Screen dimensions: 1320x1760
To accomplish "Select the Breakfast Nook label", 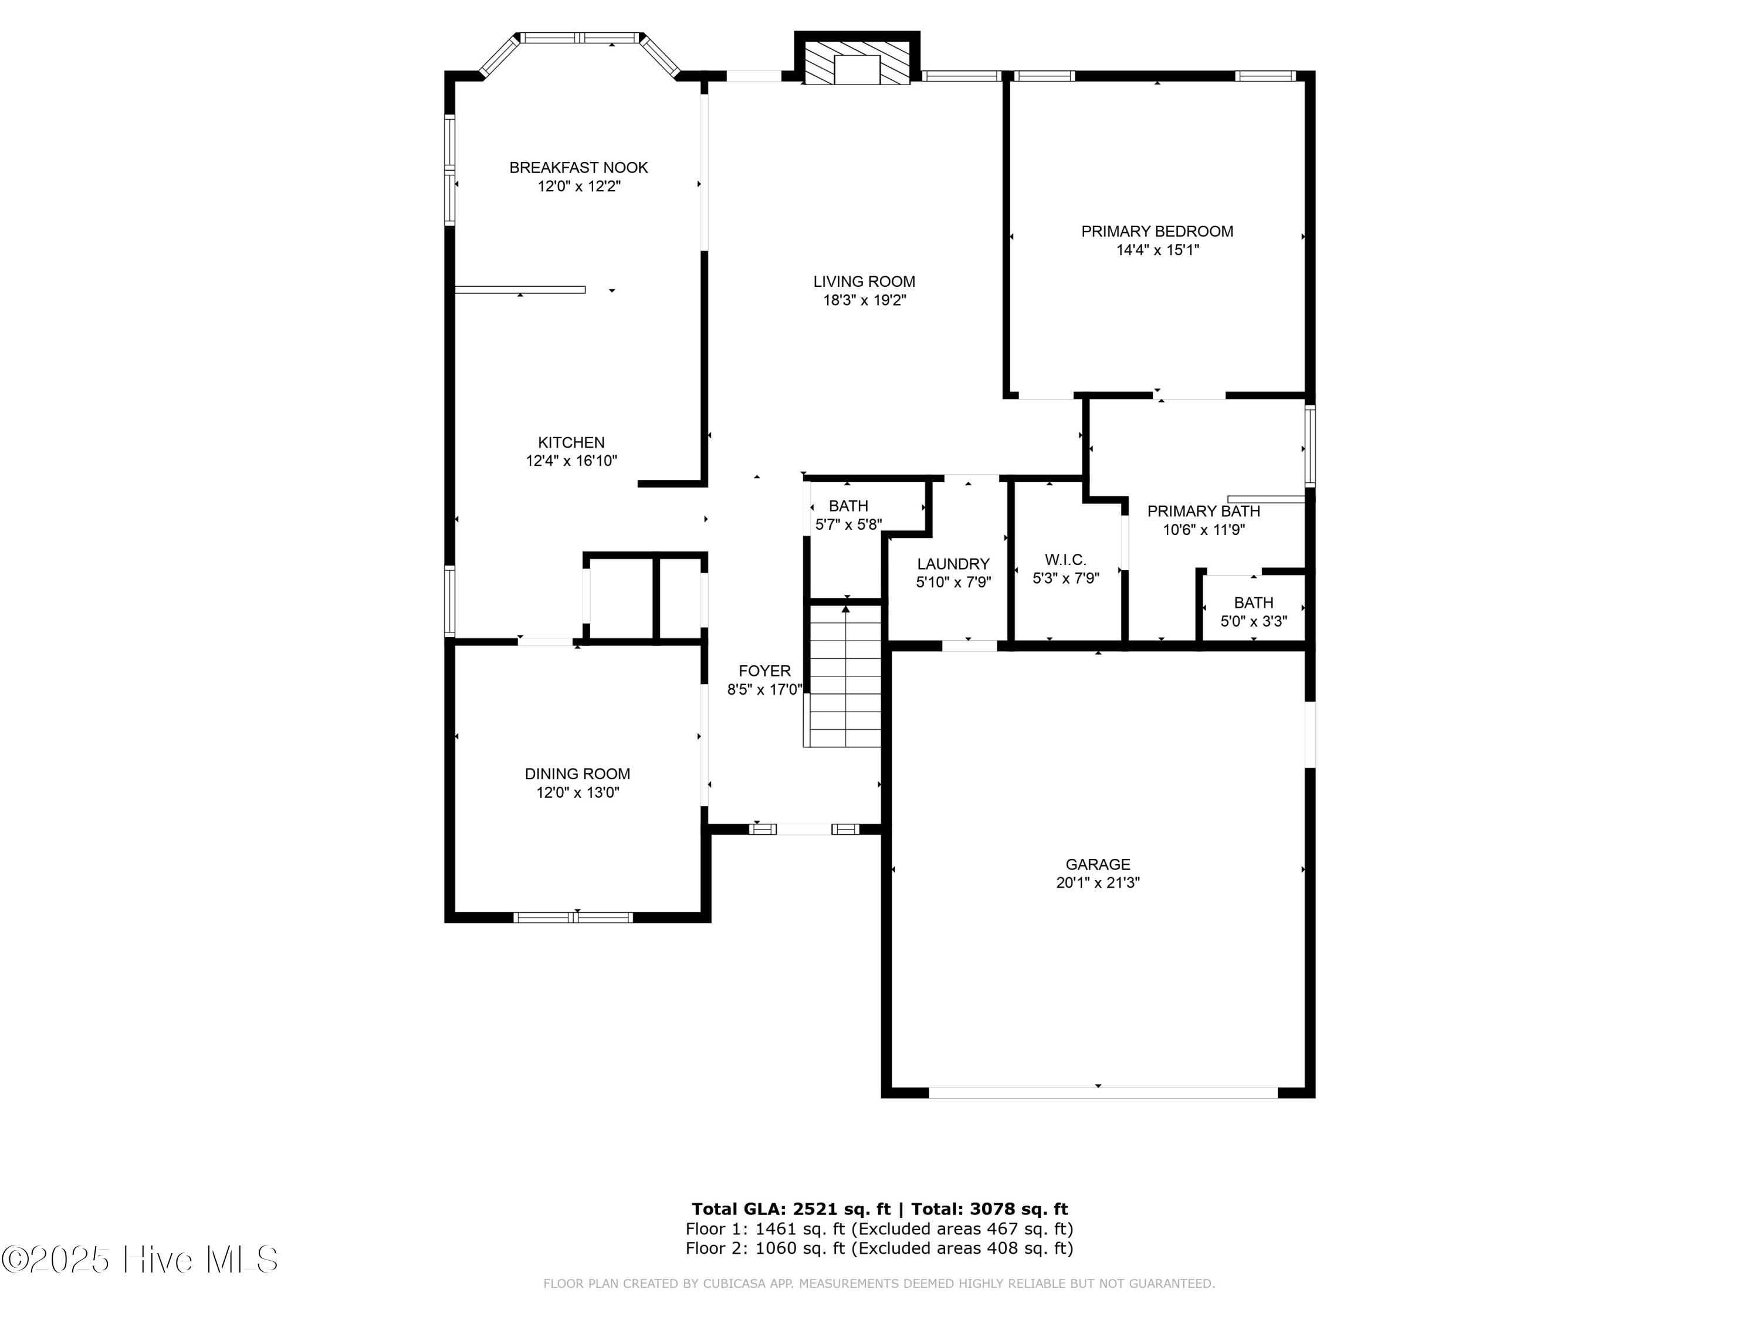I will (578, 168).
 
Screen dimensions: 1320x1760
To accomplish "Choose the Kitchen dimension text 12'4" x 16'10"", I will (571, 461).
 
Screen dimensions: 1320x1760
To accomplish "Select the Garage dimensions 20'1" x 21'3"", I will (1098, 882).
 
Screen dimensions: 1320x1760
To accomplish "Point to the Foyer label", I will (764, 671).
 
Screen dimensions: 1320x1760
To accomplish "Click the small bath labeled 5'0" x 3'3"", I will (1253, 612).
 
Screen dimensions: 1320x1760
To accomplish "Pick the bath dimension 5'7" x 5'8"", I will (848, 525).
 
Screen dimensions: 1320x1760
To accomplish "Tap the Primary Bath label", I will (1203, 512).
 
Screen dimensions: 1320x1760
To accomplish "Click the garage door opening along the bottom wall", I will (1103, 1092).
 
